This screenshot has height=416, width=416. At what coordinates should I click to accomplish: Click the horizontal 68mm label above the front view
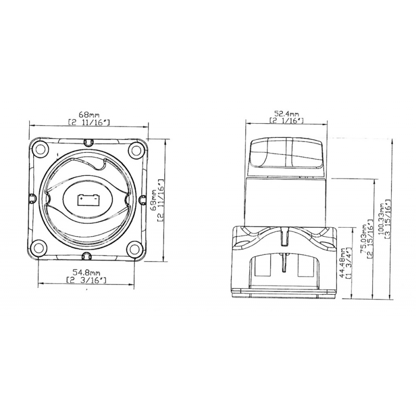point(88,114)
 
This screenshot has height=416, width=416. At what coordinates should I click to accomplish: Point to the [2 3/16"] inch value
point(87,280)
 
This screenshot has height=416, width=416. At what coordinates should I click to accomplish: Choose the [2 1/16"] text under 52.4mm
point(287,121)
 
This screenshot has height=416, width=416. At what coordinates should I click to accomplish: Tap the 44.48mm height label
point(342,260)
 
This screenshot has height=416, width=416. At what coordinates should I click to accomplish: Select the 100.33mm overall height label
point(384,219)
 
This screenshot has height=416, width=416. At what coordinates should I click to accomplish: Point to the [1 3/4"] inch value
point(349,260)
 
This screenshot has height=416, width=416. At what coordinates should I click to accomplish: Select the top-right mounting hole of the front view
point(136,150)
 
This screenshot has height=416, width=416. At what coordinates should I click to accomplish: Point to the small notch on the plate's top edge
point(88,141)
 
